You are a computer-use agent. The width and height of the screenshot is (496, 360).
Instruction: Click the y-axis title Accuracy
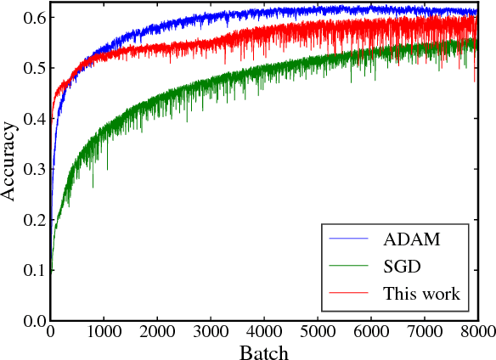pyautogui.click(x=10, y=161)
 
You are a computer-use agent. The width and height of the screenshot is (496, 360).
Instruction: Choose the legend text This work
pyautogui.click(x=421, y=294)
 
